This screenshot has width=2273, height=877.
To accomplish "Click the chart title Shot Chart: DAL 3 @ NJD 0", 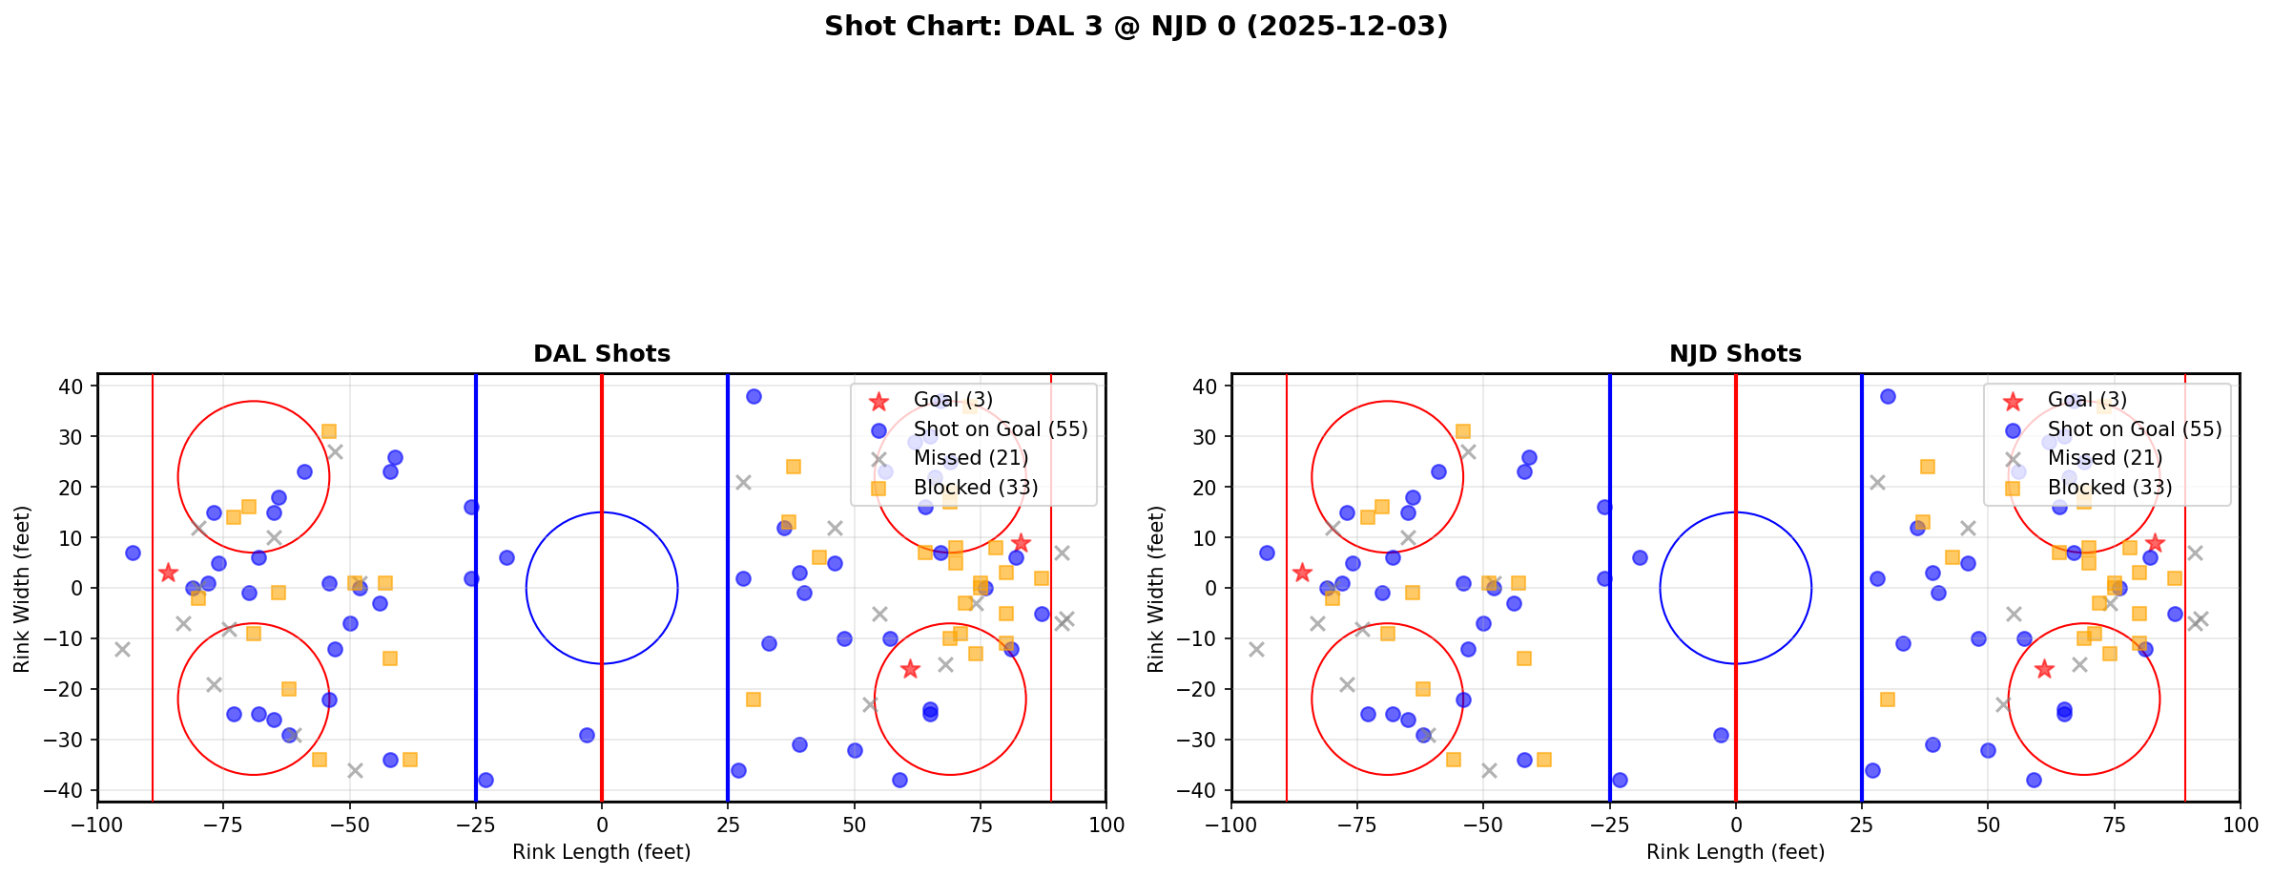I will pos(1135,27).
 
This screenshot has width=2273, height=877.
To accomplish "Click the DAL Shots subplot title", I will pos(601,354).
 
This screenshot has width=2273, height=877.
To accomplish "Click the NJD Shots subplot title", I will pos(1735,354).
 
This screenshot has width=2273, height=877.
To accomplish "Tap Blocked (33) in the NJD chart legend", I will pos(2109,488).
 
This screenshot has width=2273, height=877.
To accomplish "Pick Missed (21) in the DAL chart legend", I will pos(970,458).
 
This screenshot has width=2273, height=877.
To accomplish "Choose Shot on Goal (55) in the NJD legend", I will pos(2134,429).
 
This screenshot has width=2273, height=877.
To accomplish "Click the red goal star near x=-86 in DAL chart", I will pos(168,573).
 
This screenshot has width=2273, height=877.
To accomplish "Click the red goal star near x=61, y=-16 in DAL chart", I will pos(910,669).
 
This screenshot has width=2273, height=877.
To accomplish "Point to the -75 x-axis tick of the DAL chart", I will pos(223,824).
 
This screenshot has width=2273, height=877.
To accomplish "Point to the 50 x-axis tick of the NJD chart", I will pos(1987,824).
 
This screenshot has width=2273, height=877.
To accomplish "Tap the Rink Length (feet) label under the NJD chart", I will pos(1735,852).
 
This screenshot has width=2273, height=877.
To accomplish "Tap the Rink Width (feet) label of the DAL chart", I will pos(22,588).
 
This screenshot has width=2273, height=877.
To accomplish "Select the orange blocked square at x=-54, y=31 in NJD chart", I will pos(1462,431).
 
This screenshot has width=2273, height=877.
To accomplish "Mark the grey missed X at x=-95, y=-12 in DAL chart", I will pos(122,649).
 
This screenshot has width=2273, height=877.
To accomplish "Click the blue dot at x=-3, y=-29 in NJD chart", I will pos(1721,735).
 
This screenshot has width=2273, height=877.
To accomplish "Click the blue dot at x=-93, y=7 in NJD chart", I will pos(1267,553).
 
